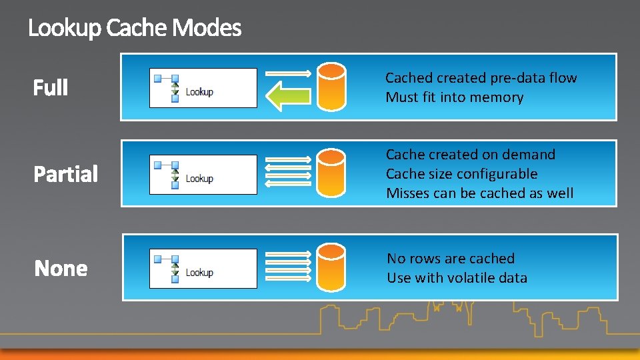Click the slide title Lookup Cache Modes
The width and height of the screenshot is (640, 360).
(x=135, y=29)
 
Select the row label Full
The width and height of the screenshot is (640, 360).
(x=51, y=87)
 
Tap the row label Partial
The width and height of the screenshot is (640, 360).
(x=66, y=174)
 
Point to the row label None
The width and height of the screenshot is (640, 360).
(x=61, y=269)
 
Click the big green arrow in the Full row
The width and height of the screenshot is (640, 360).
(x=289, y=95)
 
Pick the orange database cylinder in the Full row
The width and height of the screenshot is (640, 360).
(x=331, y=87)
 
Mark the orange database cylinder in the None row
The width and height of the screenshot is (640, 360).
(x=331, y=267)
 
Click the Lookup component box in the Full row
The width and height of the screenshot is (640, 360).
(x=203, y=87)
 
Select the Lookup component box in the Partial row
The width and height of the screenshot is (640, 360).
(x=203, y=174)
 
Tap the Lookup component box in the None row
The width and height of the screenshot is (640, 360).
(x=203, y=268)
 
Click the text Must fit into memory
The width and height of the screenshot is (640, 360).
(x=454, y=97)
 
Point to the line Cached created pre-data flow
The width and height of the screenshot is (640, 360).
(x=481, y=78)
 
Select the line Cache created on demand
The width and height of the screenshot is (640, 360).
(x=470, y=155)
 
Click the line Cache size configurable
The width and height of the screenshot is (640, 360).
(x=461, y=174)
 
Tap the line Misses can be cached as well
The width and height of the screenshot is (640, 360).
(x=479, y=193)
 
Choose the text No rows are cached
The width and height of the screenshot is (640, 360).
(x=451, y=259)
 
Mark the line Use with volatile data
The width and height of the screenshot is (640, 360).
(x=457, y=278)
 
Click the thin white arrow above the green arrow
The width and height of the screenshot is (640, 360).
(x=289, y=73)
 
